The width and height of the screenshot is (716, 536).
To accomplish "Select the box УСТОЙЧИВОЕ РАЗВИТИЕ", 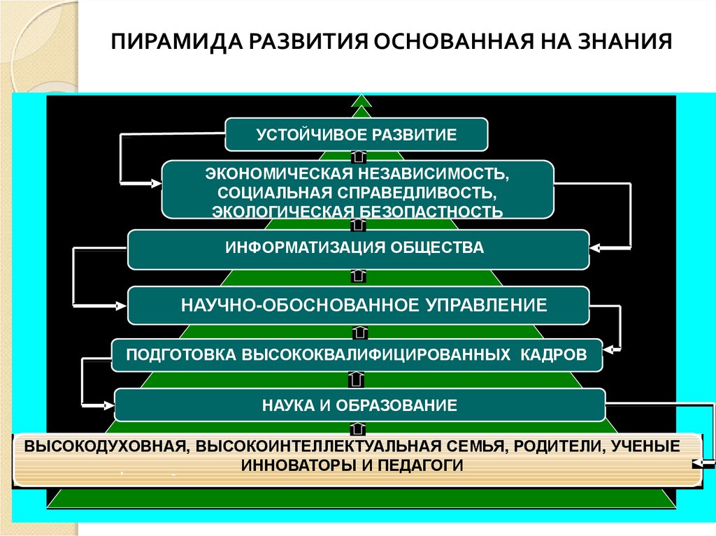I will (356, 134).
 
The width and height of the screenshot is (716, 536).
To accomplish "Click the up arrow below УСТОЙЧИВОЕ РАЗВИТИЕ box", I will (357, 154).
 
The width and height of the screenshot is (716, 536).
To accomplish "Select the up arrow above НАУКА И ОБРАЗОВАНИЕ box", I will (356, 379).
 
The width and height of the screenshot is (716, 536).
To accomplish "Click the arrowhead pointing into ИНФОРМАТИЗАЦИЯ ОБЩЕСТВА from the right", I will (598, 248).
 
